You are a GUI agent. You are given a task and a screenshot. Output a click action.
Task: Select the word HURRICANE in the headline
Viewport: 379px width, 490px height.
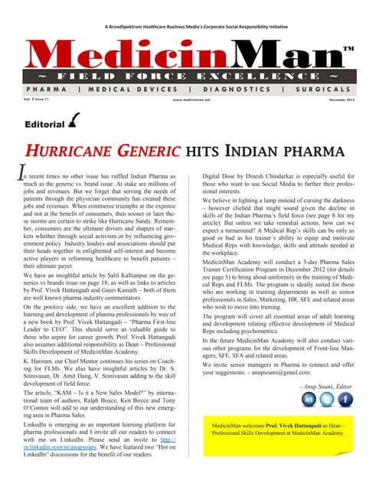[x=74, y=151]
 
